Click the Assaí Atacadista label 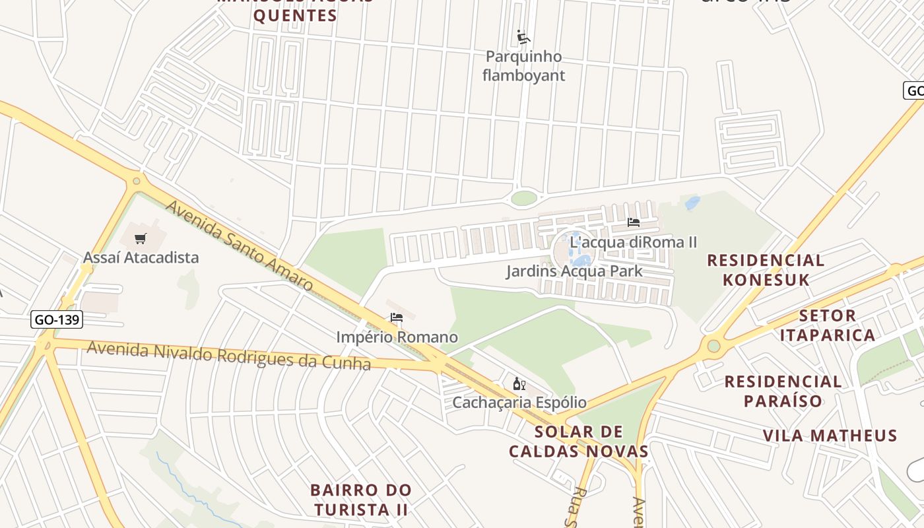(x=141, y=257)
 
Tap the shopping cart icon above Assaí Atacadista (x=140, y=238)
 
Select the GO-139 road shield (x=57, y=320)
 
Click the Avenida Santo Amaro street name (x=239, y=246)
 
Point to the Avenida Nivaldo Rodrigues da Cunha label (x=228, y=355)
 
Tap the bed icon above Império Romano (x=397, y=317)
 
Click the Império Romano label (x=397, y=337)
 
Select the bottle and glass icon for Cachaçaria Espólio (x=519, y=383)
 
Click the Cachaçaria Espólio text (x=519, y=402)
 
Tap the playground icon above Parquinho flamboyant (x=523, y=37)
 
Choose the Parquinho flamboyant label (x=523, y=66)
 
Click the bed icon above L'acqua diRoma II (x=634, y=222)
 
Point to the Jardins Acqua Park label (x=574, y=271)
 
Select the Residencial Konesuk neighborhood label (x=766, y=270)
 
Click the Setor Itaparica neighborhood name (x=828, y=325)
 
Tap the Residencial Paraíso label (x=783, y=391)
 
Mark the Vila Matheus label (x=830, y=436)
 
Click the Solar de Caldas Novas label (x=579, y=442)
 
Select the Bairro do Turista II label (x=360, y=500)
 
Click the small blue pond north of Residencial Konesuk (x=692, y=203)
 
